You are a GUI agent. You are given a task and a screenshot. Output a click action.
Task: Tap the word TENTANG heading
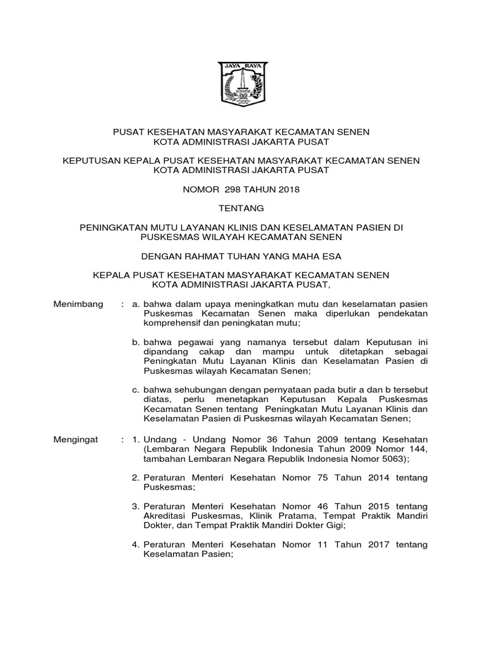242,208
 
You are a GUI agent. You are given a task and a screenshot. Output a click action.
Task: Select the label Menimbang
78,304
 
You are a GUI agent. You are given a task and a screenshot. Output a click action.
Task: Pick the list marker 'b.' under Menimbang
136,342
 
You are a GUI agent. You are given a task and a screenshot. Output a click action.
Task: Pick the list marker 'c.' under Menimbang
136,390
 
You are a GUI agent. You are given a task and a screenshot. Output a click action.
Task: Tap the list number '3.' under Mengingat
135,507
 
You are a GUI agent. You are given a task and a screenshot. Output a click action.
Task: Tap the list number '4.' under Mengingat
135,545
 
